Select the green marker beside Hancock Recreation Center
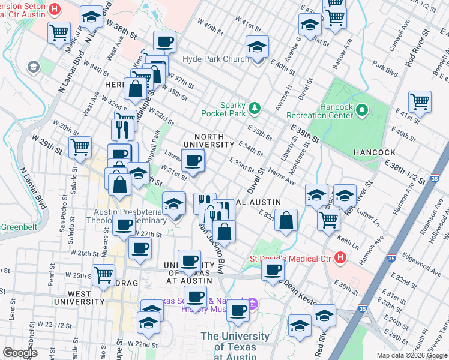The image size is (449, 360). tap(362, 110)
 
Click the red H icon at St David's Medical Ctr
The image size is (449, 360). tap(340, 259)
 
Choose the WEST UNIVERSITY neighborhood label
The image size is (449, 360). tap(79, 297)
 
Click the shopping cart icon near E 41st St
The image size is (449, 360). tap(420, 101)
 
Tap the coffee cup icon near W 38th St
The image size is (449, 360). tap(164, 41)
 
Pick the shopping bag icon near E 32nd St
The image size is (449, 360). tap(288, 220)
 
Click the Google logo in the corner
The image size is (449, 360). tap(20, 353)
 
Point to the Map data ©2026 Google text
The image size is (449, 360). tap(412, 355)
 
